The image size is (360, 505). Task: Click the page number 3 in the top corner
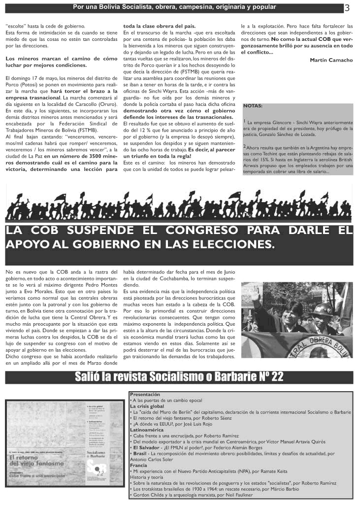(x=347, y=8)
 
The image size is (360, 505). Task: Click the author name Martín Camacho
(x=331, y=60)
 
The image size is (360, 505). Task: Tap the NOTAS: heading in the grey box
(x=253, y=106)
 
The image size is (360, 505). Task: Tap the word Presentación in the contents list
(x=145, y=395)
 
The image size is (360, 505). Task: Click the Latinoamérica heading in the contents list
(x=146, y=430)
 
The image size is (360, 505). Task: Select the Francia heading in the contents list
(x=139, y=465)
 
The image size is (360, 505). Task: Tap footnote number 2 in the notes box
(x=245, y=146)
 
